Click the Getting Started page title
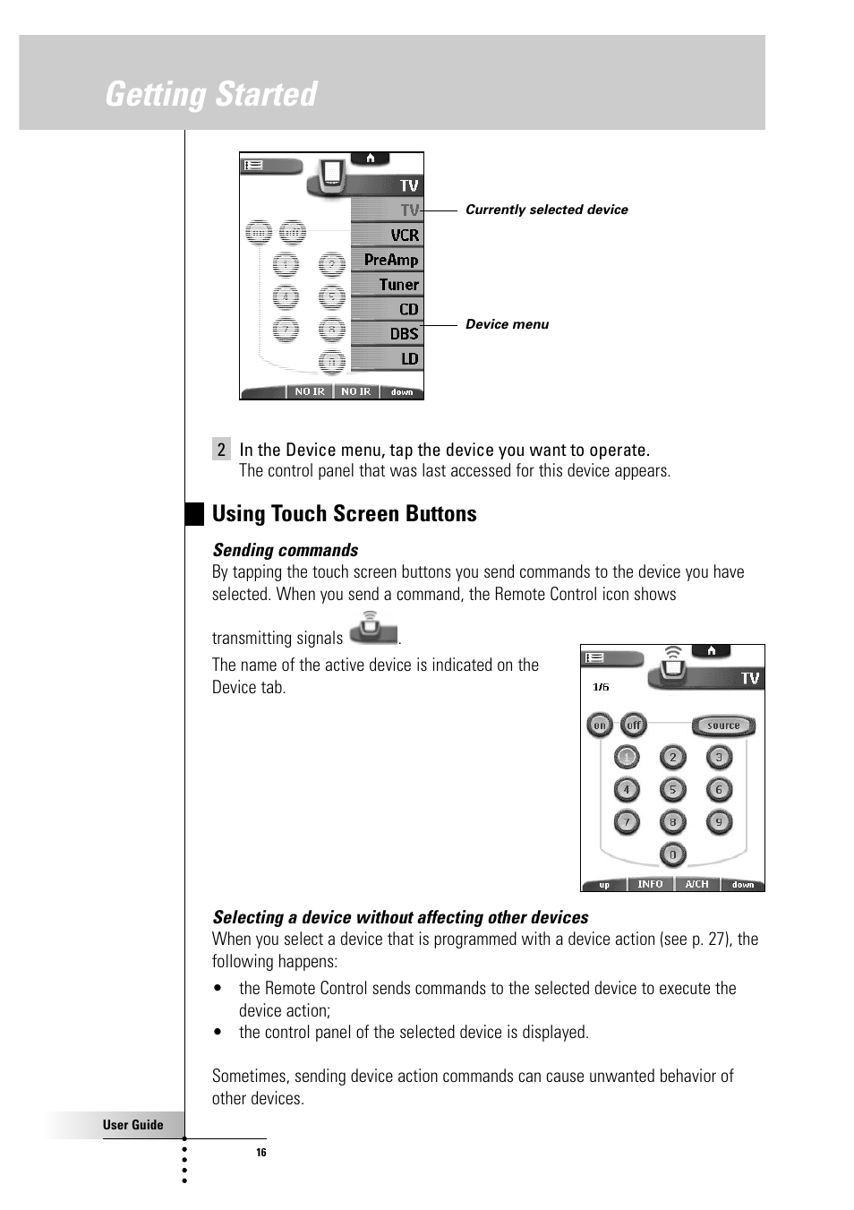(x=211, y=94)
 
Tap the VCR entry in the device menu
(x=403, y=235)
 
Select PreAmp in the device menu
(x=390, y=260)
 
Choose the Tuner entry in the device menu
(x=397, y=284)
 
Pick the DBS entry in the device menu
(x=403, y=333)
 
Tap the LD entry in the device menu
(x=409, y=358)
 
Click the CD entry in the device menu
(x=408, y=309)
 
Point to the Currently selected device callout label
(x=546, y=210)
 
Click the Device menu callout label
(x=507, y=324)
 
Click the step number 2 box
(x=221, y=450)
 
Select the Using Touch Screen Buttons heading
(x=344, y=514)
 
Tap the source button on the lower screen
(x=723, y=725)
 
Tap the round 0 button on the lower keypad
(x=672, y=854)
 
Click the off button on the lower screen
(x=634, y=725)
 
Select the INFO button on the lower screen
(x=650, y=884)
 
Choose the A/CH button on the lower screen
(x=696, y=884)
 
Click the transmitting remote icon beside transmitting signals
(x=372, y=629)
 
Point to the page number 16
(x=261, y=1153)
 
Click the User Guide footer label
(x=132, y=1125)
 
